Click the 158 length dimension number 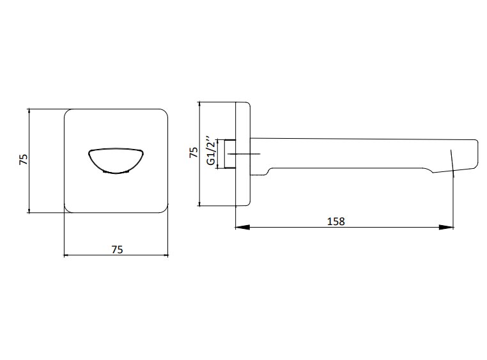[x=336, y=221]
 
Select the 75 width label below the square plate [x=117, y=249]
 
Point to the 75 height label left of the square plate [x=24, y=159]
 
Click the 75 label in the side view [x=193, y=152]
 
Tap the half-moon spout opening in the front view [x=116, y=160]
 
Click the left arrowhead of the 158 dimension [x=243, y=228]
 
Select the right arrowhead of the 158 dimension [x=446, y=228]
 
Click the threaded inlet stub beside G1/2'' [x=230, y=154]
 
